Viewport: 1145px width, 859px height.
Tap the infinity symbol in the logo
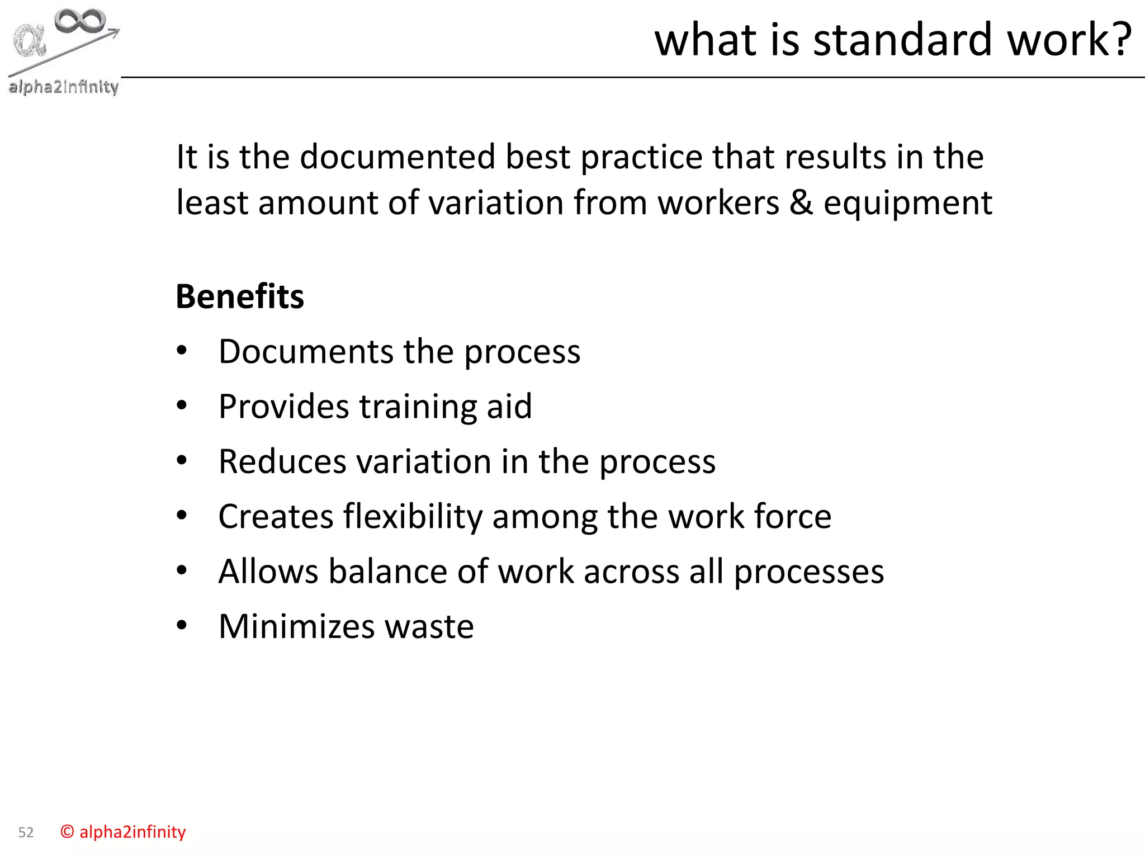point(80,21)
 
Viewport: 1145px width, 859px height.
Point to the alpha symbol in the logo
point(30,40)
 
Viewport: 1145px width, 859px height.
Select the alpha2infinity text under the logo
point(64,87)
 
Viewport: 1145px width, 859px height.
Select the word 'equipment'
point(908,204)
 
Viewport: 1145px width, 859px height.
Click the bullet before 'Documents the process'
point(182,351)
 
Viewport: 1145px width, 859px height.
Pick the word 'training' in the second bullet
point(418,407)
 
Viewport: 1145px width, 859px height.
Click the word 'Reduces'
point(282,461)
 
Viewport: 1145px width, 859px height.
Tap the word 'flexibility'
point(413,516)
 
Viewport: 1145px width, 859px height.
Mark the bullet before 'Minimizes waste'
point(182,625)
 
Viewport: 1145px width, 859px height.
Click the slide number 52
point(26,833)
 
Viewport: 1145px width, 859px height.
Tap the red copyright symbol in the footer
point(67,832)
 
